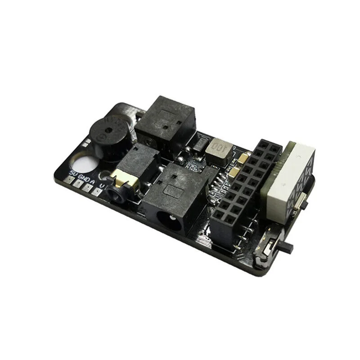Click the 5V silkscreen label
pyautogui.click(x=72, y=173)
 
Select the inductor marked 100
pyautogui.click(x=220, y=150)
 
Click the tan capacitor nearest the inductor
pyautogui.click(x=243, y=158)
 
